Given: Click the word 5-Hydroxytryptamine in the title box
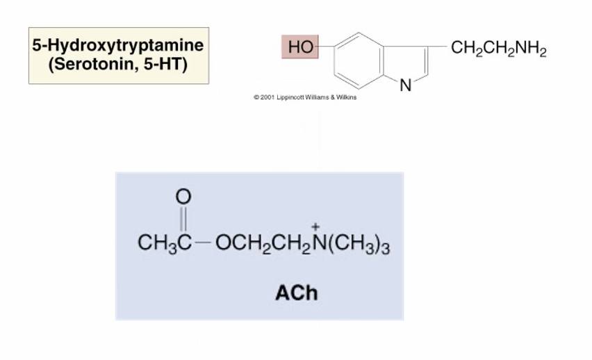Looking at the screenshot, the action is click(x=117, y=46).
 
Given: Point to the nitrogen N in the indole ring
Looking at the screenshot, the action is click(x=406, y=86).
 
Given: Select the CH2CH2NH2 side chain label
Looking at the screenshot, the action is click(x=498, y=49).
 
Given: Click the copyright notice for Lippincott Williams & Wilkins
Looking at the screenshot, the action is click(x=305, y=98).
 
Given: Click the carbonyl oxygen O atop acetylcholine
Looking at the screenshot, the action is click(x=182, y=197).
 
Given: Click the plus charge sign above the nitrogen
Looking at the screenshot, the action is click(x=315, y=227).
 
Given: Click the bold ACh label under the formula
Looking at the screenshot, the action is click(x=296, y=293).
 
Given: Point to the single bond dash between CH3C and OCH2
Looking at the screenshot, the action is click(x=203, y=243).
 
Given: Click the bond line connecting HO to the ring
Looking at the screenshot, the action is click(x=327, y=48).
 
